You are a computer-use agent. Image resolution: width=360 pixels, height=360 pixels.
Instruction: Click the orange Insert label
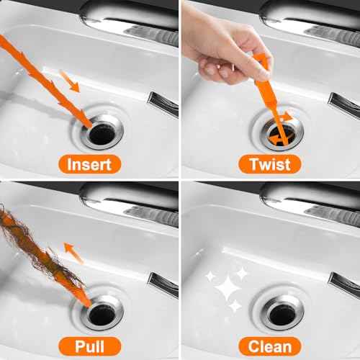click(89, 164)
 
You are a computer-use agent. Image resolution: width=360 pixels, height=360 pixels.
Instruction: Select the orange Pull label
click(89, 344)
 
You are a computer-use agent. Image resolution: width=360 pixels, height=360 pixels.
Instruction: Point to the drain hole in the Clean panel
click(282, 311)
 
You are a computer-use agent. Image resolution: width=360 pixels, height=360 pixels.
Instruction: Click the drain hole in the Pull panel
click(101, 314)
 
